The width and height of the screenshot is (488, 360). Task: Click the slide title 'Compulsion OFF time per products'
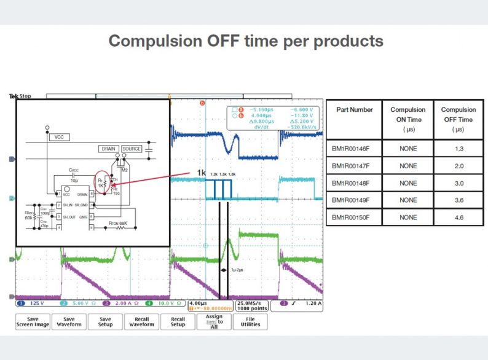tap(246, 41)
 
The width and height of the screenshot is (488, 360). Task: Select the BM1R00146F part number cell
tap(354, 149)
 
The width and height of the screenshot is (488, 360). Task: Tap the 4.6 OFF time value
tap(458, 217)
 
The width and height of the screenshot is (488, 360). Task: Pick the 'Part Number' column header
tap(354, 110)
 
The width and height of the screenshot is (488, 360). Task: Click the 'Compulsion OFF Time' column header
tap(458, 119)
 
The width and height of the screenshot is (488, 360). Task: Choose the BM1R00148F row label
tap(354, 183)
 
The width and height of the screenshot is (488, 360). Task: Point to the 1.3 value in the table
tap(458, 149)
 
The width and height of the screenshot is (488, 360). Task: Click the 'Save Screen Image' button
tap(33, 321)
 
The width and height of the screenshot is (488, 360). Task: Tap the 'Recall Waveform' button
tap(141, 321)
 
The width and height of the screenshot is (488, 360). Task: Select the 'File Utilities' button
tap(250, 321)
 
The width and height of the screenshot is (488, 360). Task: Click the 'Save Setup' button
tap(105, 321)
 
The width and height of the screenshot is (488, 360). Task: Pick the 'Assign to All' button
tap(214, 321)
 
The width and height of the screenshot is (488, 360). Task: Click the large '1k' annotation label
tap(202, 173)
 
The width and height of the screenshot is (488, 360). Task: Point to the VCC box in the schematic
tap(59, 138)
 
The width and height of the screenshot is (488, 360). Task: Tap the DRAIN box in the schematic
tap(108, 149)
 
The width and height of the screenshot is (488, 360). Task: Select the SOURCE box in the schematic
tap(132, 149)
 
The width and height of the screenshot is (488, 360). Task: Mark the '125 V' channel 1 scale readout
tap(34, 303)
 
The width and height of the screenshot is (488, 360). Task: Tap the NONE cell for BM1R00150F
tap(407, 217)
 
